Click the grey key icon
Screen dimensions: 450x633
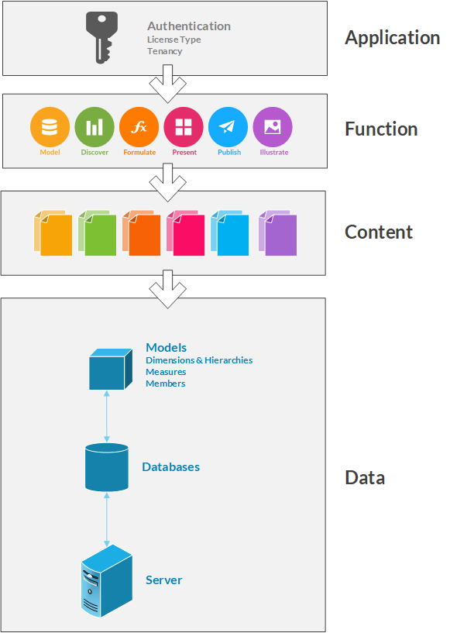tap(101, 37)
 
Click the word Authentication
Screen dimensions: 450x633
tap(189, 26)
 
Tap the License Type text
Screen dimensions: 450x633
tap(174, 40)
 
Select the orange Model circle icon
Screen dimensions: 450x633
tap(50, 127)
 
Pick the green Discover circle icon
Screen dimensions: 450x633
tap(94, 127)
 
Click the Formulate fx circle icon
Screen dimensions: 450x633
tap(139, 127)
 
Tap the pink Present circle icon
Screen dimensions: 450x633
tap(184, 127)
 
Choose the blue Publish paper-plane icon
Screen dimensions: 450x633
tap(228, 127)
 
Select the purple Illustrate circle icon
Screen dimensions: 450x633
tap(273, 127)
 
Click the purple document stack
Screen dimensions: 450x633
tap(278, 233)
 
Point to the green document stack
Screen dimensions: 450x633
tap(98, 233)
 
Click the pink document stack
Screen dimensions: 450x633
tap(186, 233)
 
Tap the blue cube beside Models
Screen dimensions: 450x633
tap(111, 369)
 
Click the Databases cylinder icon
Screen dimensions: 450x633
tap(107, 467)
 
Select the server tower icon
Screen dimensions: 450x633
tap(107, 580)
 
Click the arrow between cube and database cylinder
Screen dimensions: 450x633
tap(107, 416)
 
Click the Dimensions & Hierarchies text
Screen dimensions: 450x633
tap(199, 360)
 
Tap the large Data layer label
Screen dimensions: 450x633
tap(365, 477)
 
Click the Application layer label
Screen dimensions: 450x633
tap(392, 38)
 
